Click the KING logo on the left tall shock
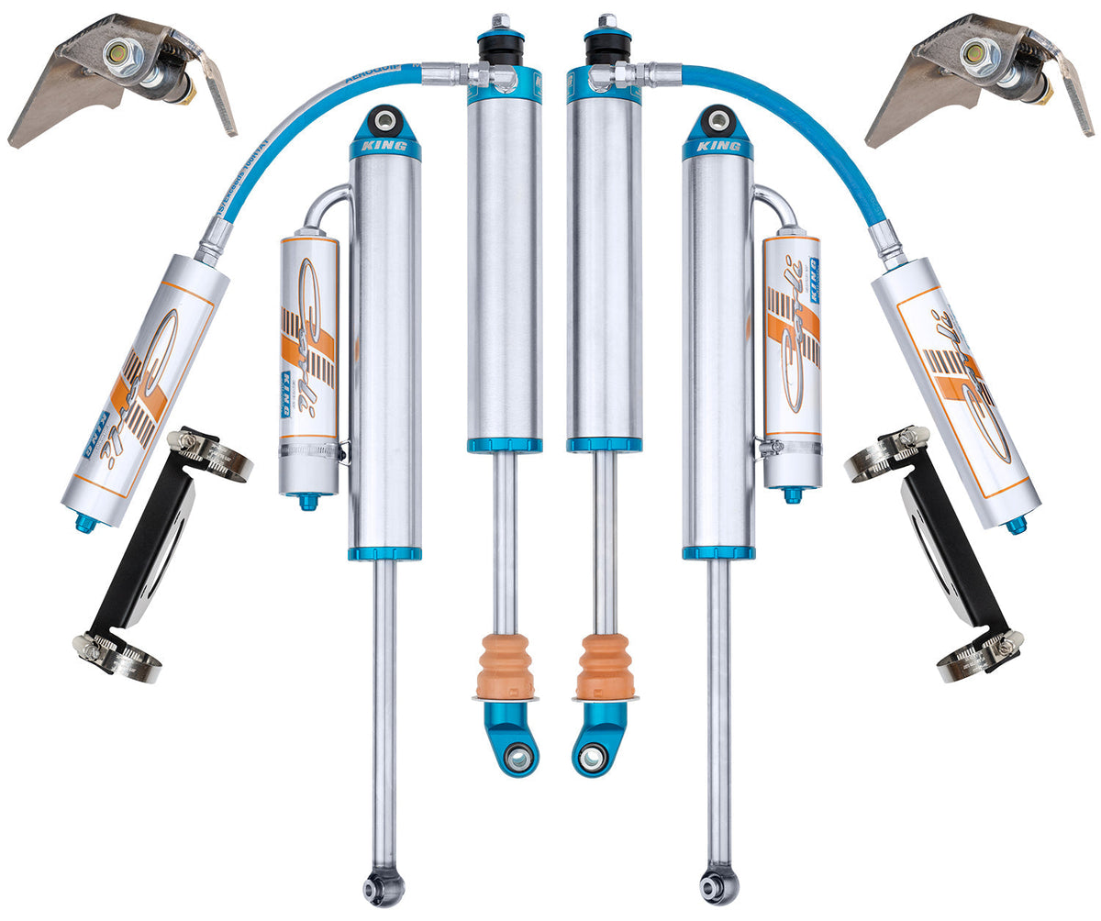[384, 146]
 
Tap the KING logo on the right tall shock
[717, 146]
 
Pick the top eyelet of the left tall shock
[384, 119]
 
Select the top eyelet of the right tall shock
[718, 119]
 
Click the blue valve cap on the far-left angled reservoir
[85, 523]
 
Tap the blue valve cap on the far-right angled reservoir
[1016, 525]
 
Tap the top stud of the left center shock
[501, 20]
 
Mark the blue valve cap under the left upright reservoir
[308, 501]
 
